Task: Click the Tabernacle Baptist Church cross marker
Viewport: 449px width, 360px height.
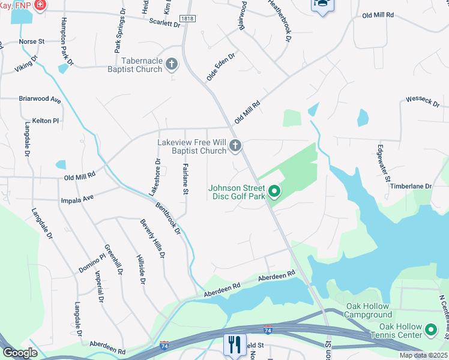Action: tap(172, 64)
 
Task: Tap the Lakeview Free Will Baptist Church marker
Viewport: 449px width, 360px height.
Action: tap(236, 145)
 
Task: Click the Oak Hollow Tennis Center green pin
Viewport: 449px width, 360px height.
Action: tap(431, 330)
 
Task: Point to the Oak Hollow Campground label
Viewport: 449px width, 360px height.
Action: tap(369, 310)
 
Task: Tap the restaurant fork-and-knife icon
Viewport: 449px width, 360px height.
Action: tap(232, 344)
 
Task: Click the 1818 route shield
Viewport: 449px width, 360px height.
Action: tap(187, 19)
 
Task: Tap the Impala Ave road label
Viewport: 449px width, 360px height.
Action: tap(77, 199)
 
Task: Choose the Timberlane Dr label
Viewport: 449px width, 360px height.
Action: tap(411, 187)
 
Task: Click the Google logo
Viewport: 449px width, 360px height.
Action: tap(20, 353)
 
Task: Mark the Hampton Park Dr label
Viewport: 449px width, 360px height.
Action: tap(67, 41)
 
